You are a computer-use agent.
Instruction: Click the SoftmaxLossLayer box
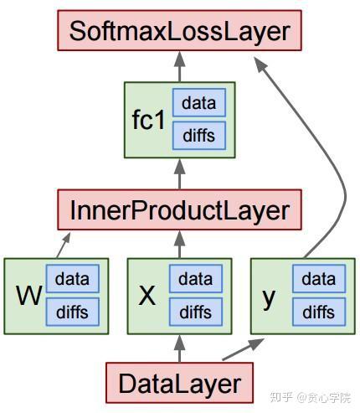click(179, 30)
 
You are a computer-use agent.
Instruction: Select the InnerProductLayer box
click(179, 209)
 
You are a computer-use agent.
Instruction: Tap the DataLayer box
click(179, 383)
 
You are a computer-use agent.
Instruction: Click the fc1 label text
click(148, 120)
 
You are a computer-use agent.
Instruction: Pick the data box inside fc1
click(199, 102)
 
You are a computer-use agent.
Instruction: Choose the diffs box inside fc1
click(199, 136)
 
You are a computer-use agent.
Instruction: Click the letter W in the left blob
click(29, 296)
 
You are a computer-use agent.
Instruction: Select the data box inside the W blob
click(73, 279)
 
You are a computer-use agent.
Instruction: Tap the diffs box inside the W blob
click(73, 312)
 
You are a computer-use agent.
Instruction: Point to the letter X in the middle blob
click(147, 296)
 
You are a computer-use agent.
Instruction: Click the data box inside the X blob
click(196, 279)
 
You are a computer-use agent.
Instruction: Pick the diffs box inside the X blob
click(196, 312)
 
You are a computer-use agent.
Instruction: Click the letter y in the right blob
click(269, 299)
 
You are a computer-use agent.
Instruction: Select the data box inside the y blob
click(319, 279)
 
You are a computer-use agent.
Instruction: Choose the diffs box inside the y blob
click(319, 312)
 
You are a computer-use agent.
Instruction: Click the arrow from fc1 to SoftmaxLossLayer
click(179, 66)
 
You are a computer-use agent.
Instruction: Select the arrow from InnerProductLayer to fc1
click(179, 174)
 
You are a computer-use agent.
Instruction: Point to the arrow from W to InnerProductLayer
click(64, 245)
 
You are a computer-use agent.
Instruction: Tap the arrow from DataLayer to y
click(243, 349)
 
